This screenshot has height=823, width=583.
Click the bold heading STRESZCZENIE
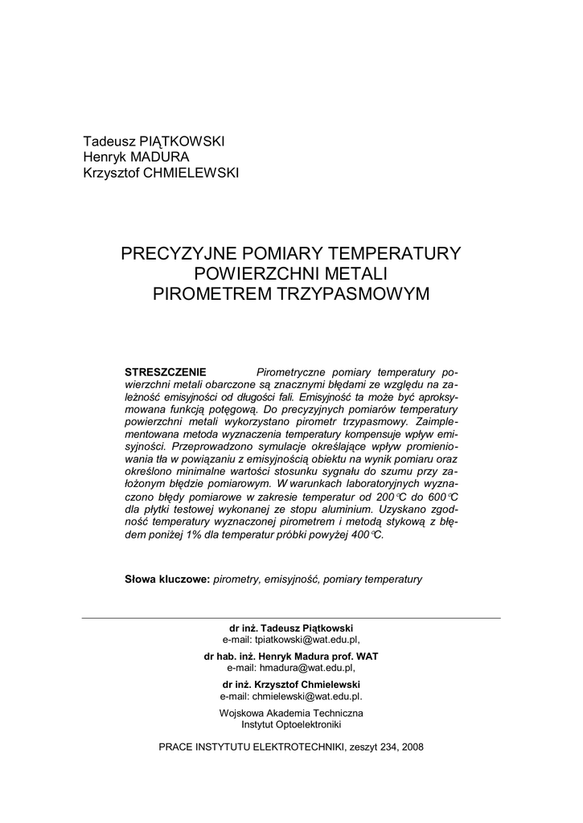tap(166, 372)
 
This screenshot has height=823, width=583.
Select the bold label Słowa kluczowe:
tap(167, 579)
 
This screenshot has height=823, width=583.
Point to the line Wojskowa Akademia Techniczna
tap(291, 713)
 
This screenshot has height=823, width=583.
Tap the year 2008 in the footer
tap(410, 747)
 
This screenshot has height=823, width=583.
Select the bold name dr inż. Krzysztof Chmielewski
tap(291, 684)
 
